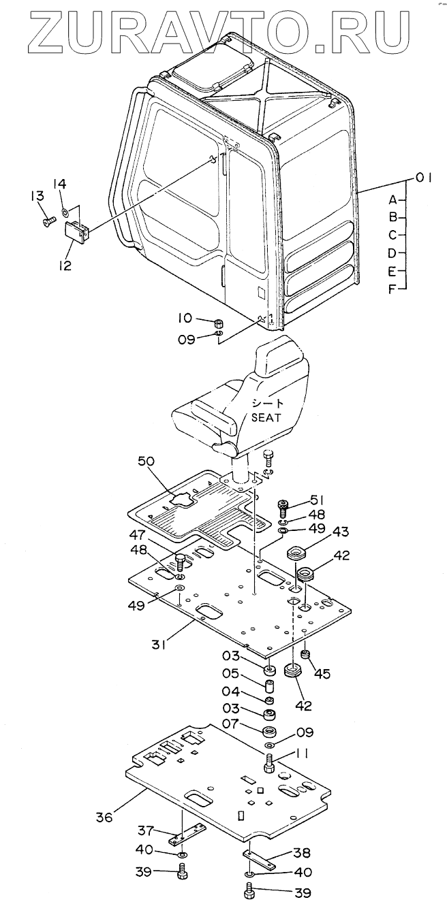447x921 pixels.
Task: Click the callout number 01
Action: pyautogui.click(x=423, y=178)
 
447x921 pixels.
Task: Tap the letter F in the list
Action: pyautogui.click(x=392, y=289)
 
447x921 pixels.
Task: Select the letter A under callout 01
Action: pyautogui.click(x=392, y=200)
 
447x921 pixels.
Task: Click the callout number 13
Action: pyautogui.click(x=38, y=196)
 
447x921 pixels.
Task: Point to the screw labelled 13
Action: pyautogui.click(x=48, y=222)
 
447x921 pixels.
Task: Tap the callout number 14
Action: pyautogui.click(x=60, y=184)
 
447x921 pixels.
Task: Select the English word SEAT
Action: pyautogui.click(x=266, y=417)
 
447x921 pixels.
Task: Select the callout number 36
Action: pyautogui.click(x=104, y=817)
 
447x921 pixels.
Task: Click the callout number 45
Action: pyautogui.click(x=322, y=673)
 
